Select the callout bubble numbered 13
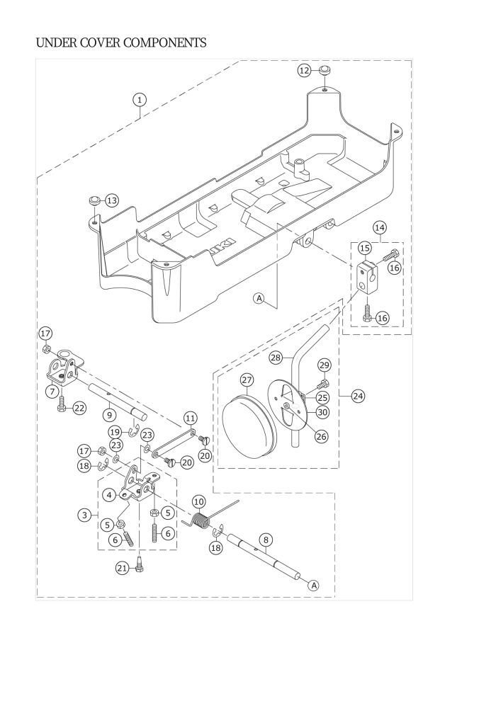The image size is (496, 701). (x=112, y=201)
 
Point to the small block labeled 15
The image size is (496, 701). (x=366, y=277)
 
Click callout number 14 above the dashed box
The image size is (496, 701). (x=380, y=227)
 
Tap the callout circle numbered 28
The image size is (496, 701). (x=275, y=358)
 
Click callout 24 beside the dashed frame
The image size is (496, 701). (x=358, y=397)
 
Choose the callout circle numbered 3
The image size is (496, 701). (x=86, y=515)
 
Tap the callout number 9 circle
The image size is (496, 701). (x=108, y=414)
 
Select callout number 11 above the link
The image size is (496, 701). (x=190, y=417)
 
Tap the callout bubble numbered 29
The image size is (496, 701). (x=325, y=365)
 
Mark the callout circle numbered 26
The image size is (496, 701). (x=322, y=437)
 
